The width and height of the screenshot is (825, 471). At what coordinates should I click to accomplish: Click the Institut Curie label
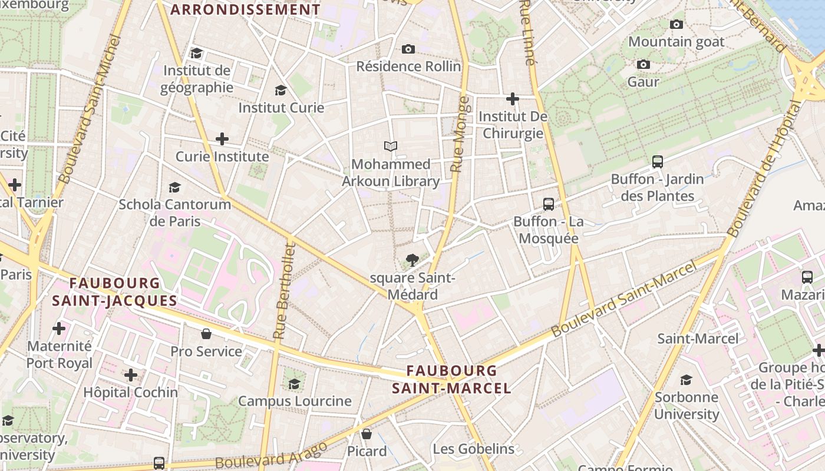click(281, 108)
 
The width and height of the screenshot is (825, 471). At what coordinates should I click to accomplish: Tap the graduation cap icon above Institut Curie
click(281, 90)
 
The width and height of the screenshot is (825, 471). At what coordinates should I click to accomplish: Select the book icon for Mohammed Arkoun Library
click(390, 146)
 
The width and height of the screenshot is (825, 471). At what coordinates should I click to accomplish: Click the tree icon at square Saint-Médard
click(412, 260)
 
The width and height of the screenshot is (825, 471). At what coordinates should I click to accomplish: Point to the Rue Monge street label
click(461, 134)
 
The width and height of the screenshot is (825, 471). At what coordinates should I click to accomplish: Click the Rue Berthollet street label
click(283, 291)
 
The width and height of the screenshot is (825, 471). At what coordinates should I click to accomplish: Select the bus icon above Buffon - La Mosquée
click(549, 204)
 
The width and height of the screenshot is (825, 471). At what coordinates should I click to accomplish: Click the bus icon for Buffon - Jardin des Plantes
click(658, 161)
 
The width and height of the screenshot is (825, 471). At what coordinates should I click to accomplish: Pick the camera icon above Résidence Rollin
click(408, 49)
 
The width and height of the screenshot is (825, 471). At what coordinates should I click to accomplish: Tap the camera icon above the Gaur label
click(643, 64)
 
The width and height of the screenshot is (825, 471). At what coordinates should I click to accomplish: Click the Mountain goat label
click(676, 42)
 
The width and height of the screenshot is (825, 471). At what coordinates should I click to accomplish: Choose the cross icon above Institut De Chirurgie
click(513, 98)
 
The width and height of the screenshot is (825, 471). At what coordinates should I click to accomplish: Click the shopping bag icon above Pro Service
click(206, 334)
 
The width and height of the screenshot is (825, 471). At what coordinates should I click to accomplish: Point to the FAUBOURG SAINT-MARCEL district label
click(452, 379)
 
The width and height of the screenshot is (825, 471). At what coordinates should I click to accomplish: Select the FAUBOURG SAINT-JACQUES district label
click(114, 291)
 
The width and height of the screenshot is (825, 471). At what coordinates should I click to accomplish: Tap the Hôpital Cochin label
click(130, 392)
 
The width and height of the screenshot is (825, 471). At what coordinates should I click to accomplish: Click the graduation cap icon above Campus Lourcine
click(294, 384)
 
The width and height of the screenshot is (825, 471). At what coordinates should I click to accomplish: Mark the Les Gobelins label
click(473, 449)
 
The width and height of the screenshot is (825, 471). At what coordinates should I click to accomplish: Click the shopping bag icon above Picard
click(367, 434)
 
